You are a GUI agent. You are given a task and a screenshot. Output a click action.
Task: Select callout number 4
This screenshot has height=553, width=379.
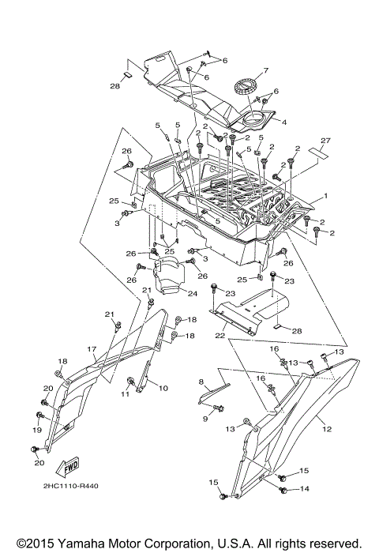[283, 122]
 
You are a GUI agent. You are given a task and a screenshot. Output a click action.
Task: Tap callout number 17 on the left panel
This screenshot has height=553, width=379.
[92, 348]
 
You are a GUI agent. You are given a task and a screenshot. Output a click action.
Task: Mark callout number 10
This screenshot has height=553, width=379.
[163, 389]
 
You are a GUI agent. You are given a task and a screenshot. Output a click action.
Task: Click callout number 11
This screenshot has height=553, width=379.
[125, 393]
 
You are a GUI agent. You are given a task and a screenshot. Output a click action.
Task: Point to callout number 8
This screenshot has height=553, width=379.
[201, 382]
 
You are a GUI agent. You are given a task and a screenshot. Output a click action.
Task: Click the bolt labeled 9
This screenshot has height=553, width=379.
[220, 408]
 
